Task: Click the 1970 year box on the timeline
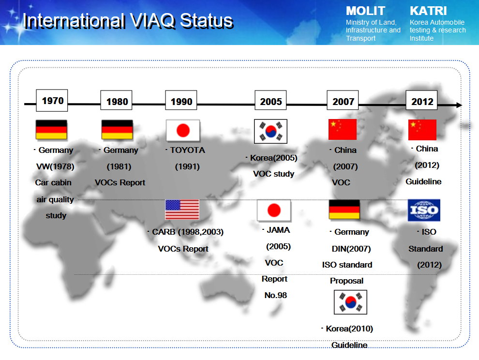52,101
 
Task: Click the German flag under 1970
51,130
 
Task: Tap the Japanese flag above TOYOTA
183,131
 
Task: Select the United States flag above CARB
182,210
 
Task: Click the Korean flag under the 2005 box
270,132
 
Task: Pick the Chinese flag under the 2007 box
343,130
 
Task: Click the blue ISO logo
424,210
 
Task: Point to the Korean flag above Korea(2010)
350,302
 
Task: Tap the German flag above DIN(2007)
344,210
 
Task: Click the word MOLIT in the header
365,11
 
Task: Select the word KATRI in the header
428,11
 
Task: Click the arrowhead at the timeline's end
459,105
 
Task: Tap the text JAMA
278,230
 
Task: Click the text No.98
276,295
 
